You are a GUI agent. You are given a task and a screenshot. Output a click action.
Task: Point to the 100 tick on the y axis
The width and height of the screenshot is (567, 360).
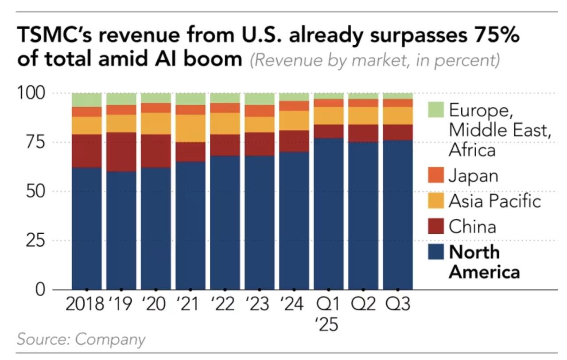31,93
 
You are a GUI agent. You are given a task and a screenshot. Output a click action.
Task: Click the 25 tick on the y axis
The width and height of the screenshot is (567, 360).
35,241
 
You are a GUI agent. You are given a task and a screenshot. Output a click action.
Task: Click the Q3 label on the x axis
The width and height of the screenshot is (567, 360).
398,305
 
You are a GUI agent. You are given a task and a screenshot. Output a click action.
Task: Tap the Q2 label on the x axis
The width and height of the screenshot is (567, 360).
363,305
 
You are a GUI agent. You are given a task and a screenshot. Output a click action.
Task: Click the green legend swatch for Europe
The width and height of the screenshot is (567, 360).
436,109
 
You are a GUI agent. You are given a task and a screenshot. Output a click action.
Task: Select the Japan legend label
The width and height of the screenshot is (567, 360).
474,176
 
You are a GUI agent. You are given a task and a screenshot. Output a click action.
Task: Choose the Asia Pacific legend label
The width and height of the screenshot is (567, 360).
495,201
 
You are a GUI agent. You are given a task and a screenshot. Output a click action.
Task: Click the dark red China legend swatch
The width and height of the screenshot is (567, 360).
436,227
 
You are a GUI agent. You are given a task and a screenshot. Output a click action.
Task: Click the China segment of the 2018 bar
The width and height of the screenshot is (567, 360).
87,151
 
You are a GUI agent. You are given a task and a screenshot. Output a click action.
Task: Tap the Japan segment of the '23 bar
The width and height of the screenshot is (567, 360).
260,111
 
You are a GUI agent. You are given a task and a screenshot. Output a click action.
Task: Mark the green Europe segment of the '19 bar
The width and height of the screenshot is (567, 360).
121,99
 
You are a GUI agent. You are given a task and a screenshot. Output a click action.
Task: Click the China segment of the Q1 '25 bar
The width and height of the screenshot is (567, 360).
329,131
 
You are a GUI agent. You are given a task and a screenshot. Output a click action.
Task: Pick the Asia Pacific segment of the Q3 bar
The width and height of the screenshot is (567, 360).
398,116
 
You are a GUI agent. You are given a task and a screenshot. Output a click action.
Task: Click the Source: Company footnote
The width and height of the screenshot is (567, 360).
81,339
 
